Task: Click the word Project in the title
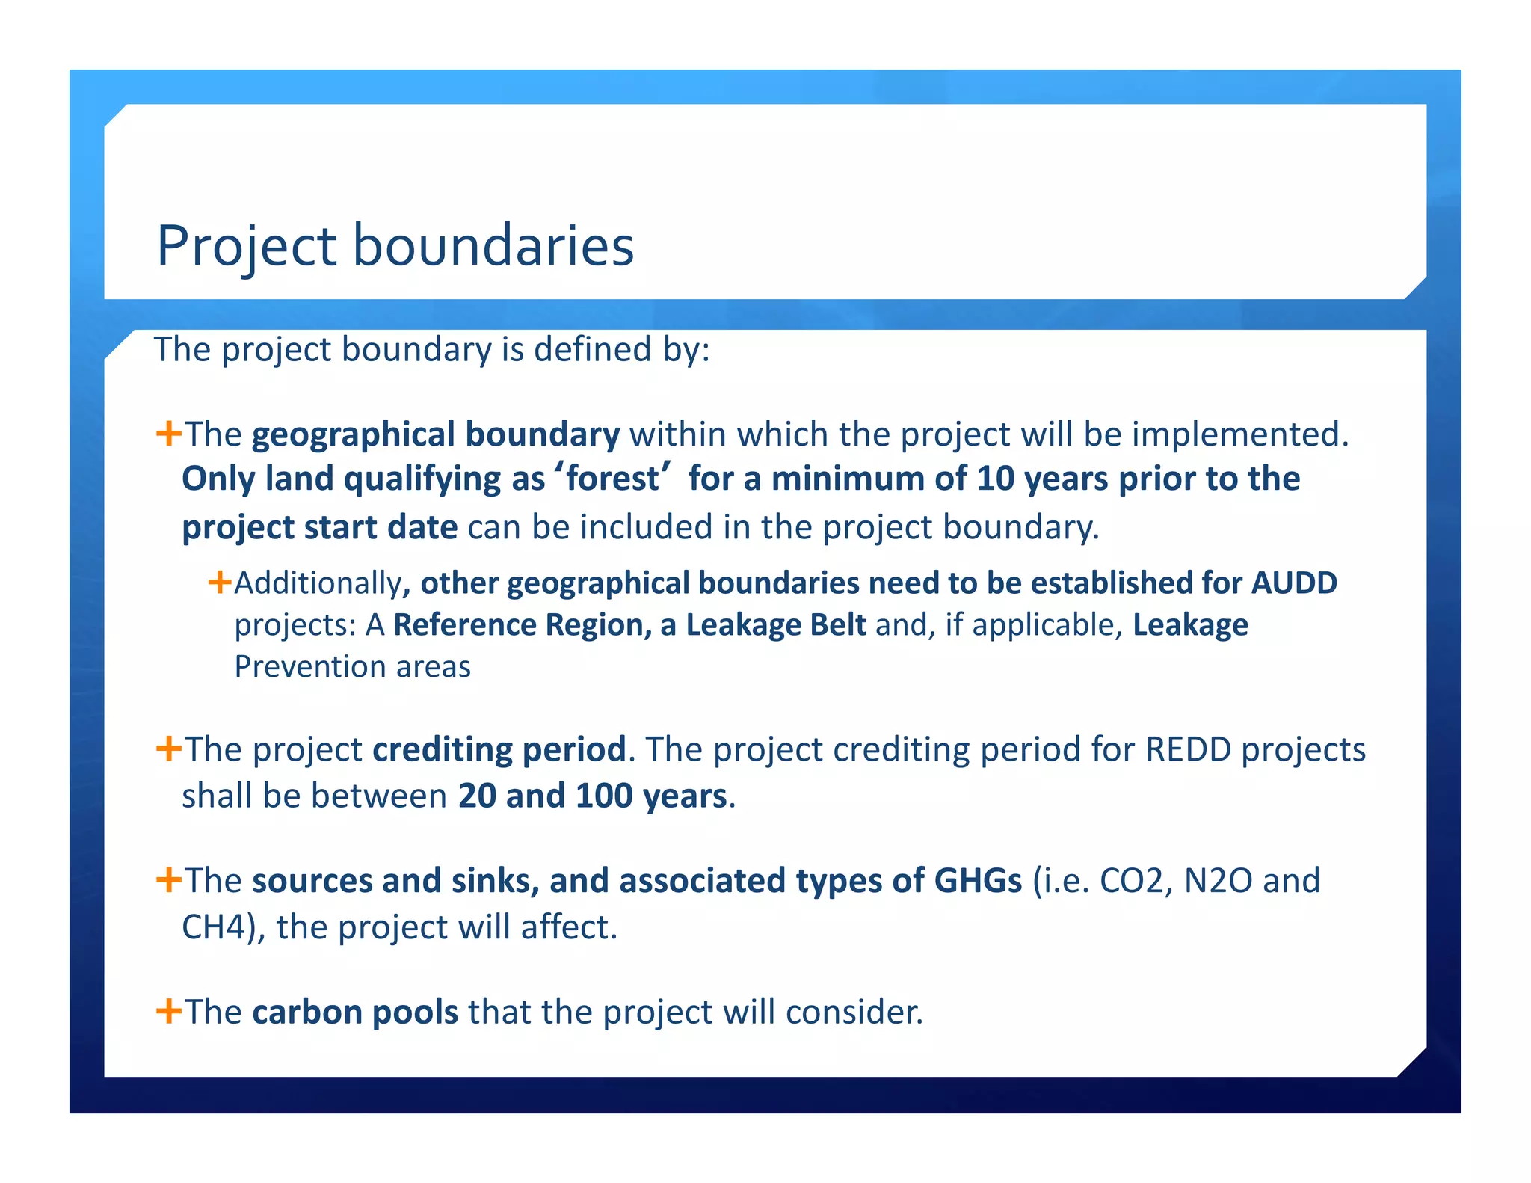(247, 247)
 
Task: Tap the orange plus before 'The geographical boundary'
(169, 433)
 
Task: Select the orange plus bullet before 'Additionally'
(220, 581)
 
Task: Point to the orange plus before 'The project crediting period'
(169, 748)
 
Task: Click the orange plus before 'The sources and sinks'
(169, 879)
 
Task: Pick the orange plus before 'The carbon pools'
(169, 1011)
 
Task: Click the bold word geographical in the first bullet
(353, 435)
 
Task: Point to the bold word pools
(415, 1013)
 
